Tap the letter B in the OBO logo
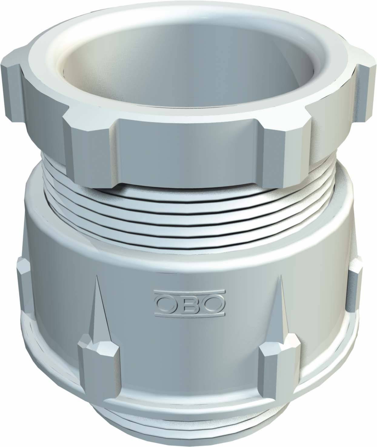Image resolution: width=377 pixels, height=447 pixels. click(191, 302)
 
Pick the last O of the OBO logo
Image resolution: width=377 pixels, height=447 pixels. click(214, 302)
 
